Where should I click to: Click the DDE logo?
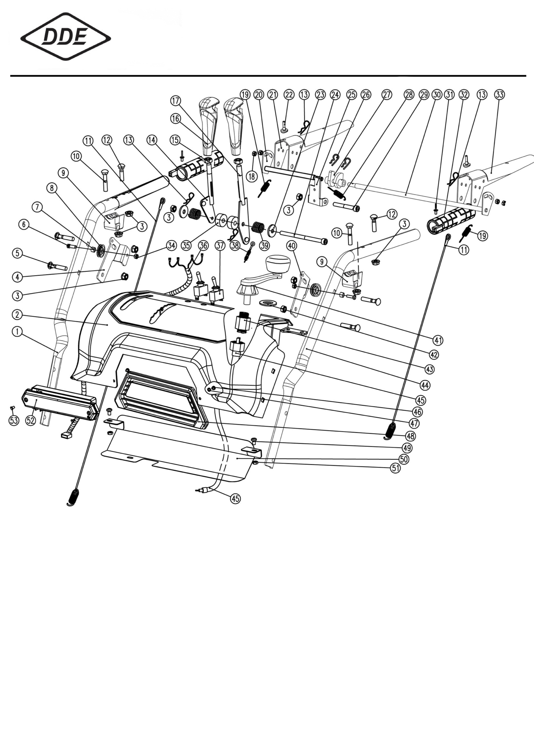[66, 37]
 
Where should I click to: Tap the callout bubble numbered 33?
[499, 95]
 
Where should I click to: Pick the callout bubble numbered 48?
[411, 436]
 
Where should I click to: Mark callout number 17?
[176, 101]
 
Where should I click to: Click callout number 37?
[220, 245]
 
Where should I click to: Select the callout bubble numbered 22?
[288, 95]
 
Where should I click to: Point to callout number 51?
[396, 468]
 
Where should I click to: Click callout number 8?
[51, 188]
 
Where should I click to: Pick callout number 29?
[424, 95]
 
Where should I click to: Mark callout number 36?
[203, 245]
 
